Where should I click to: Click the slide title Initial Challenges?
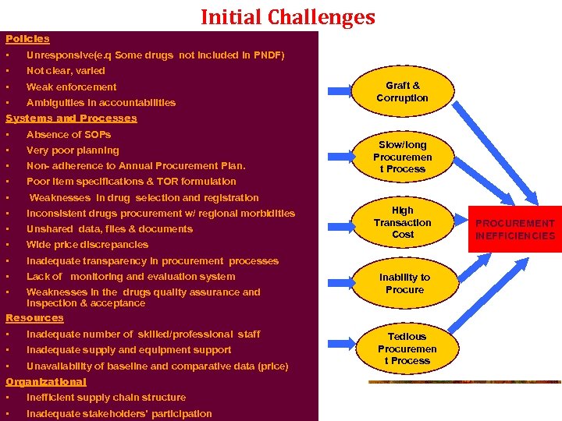click(x=287, y=16)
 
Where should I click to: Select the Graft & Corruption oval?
click(x=403, y=92)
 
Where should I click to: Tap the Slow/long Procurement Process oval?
click(x=403, y=157)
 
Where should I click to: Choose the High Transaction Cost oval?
click(x=403, y=222)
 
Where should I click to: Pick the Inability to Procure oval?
click(x=404, y=284)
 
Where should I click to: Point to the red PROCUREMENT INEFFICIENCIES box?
click(x=515, y=229)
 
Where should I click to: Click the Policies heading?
click(x=27, y=39)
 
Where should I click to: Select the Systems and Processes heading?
click(x=71, y=119)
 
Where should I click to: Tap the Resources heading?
click(x=34, y=318)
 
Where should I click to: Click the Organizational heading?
click(x=46, y=382)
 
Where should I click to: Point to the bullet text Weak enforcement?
click(x=71, y=87)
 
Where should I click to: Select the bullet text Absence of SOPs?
click(x=69, y=135)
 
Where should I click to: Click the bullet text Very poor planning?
click(x=73, y=150)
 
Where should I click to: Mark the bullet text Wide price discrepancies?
click(x=87, y=245)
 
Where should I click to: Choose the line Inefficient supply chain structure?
click(x=106, y=398)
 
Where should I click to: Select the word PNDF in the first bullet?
click(x=266, y=55)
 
